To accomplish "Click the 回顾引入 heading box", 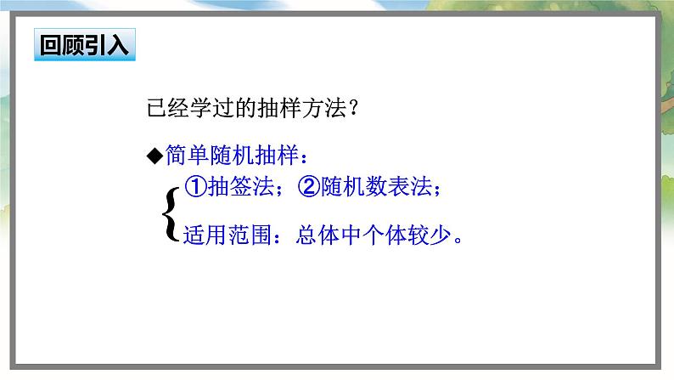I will click(87, 45).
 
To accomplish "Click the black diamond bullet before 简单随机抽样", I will click(154, 156).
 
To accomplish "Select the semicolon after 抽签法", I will click(282, 191).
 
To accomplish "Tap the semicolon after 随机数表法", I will click(438, 191).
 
